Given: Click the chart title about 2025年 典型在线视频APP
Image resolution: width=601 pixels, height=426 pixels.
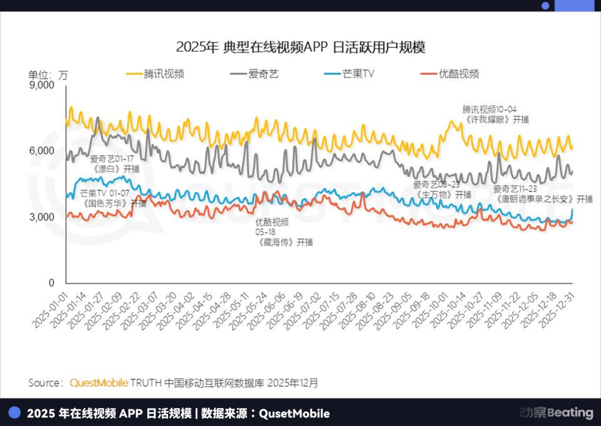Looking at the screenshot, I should pyautogui.click(x=300, y=47).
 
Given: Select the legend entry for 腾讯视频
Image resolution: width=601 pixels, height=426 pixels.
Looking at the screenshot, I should pyautogui.click(x=156, y=74).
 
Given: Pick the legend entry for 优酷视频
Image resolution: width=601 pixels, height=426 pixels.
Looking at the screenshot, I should pyautogui.click(x=449, y=74).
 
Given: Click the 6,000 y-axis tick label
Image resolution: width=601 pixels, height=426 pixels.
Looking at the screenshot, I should pyautogui.click(x=41, y=151).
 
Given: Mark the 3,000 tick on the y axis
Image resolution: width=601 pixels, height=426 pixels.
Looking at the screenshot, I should pyautogui.click(x=41, y=217).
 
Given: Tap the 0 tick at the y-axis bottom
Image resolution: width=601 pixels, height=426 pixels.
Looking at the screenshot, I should pyautogui.click(x=52, y=283).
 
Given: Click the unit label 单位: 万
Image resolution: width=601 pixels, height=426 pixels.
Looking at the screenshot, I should pyautogui.click(x=48, y=75).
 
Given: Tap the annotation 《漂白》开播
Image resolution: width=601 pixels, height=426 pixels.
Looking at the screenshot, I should pyautogui.click(x=115, y=169).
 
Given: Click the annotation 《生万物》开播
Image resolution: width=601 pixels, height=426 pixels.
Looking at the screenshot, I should pyautogui.click(x=443, y=195).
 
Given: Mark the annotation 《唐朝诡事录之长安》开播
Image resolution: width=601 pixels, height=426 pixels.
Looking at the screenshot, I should pyautogui.click(x=543, y=199).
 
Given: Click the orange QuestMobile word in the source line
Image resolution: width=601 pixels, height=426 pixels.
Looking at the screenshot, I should pyautogui.click(x=98, y=383).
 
